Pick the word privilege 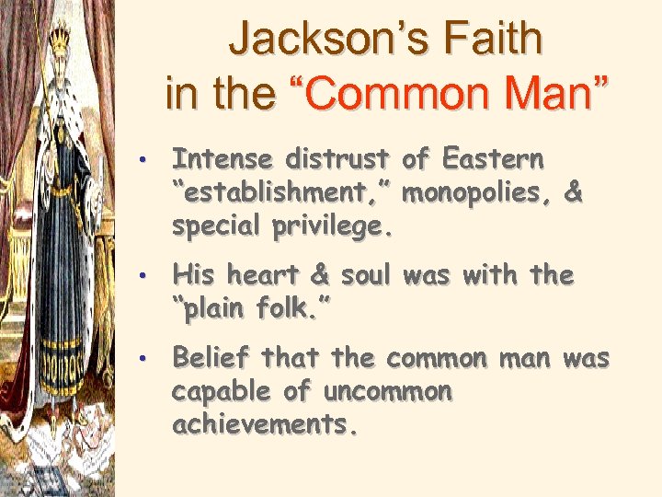click(330, 227)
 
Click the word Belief click(214, 357)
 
